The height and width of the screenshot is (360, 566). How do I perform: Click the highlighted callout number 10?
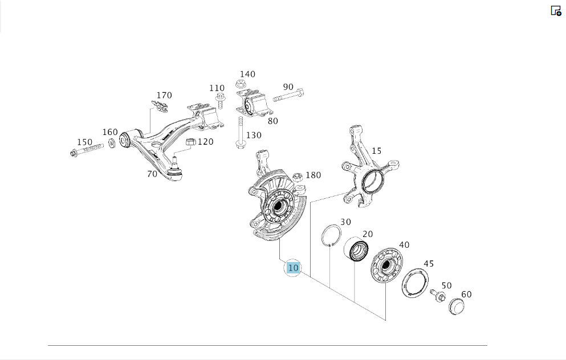pos(293,268)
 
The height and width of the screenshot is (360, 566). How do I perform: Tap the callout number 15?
pos(376,151)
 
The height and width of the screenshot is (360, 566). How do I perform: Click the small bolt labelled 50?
pos(439,296)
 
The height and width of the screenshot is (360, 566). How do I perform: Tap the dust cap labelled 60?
pos(457,306)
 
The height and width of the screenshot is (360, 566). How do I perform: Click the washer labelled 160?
pos(112,142)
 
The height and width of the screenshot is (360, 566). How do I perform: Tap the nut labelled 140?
pos(241,84)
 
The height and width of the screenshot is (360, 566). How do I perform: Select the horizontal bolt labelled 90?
pos(288,96)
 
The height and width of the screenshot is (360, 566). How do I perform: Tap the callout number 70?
pos(152,174)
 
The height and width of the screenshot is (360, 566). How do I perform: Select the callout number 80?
pos(273,121)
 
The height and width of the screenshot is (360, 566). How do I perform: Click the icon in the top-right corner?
pos(556,10)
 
